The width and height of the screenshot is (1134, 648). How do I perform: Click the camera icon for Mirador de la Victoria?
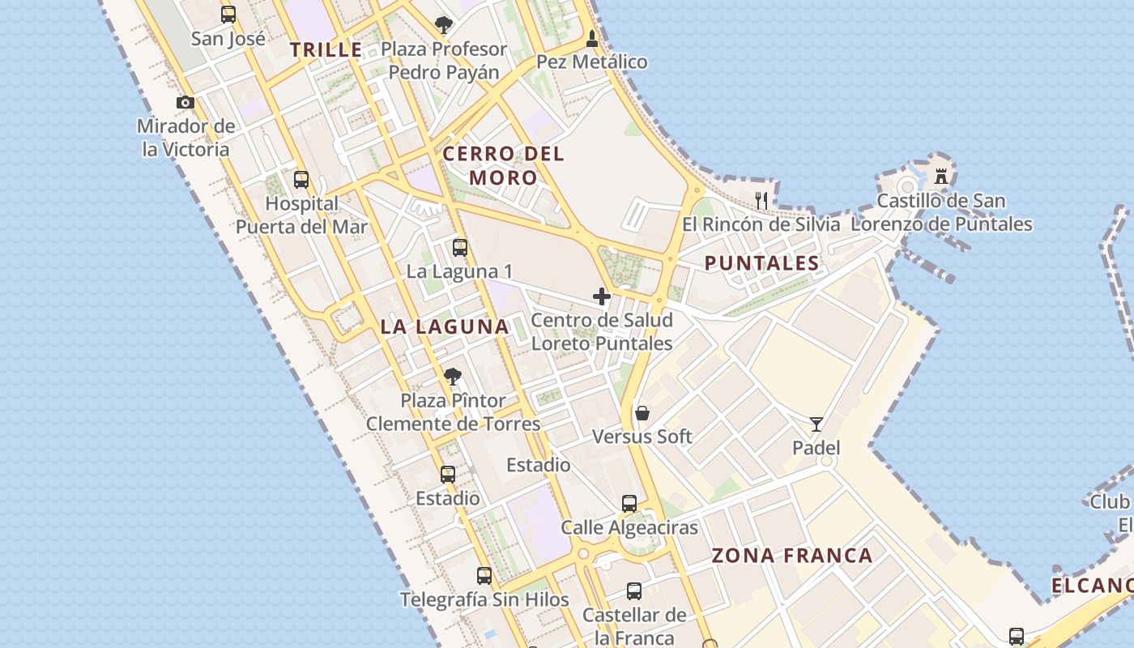click(x=185, y=103)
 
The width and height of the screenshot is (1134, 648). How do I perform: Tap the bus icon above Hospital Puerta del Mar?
click(x=301, y=180)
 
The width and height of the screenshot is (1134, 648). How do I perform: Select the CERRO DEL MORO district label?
click(x=503, y=165)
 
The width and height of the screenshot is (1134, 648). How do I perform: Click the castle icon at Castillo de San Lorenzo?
click(x=941, y=176)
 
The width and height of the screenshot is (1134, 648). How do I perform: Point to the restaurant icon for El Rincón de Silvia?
click(x=761, y=200)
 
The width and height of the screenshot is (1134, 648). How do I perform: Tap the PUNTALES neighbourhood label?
click(x=761, y=263)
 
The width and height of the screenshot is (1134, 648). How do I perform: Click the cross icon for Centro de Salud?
click(x=602, y=296)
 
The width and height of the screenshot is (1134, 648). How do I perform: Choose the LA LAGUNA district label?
click(x=445, y=327)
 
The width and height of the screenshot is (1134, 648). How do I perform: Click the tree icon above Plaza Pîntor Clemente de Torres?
click(x=453, y=376)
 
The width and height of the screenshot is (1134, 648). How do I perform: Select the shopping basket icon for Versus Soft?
click(x=642, y=413)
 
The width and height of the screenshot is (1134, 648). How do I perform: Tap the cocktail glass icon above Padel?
click(x=816, y=424)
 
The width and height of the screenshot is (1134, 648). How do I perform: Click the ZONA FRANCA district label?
click(x=792, y=556)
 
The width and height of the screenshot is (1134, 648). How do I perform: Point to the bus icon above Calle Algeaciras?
click(x=629, y=504)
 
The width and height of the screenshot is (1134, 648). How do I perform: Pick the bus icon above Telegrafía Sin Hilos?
click(x=484, y=576)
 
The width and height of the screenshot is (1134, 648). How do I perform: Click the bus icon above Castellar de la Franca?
click(x=634, y=591)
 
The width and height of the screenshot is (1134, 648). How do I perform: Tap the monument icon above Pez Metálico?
click(x=592, y=38)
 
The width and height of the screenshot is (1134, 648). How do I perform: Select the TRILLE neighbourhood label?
click(x=326, y=50)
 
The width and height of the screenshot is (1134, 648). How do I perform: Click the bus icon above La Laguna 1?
click(x=460, y=248)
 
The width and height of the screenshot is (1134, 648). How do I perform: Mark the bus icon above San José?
click(x=228, y=15)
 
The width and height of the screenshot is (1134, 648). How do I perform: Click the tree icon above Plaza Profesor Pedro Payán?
click(x=443, y=25)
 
